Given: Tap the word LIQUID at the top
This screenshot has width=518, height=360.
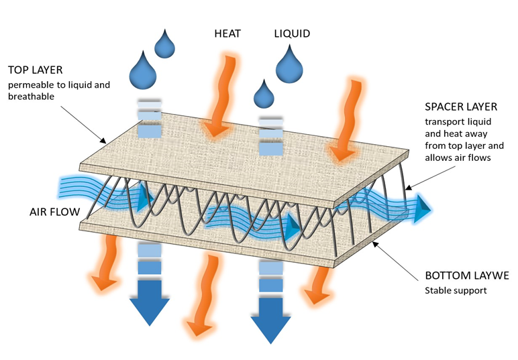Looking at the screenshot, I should [293, 32].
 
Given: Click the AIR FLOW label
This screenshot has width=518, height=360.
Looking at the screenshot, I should [53, 212].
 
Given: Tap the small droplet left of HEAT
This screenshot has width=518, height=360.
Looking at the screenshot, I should [165, 44].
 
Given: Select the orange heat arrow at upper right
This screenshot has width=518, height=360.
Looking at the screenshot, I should [348, 121].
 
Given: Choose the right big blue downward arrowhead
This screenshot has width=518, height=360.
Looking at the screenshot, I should [271, 316].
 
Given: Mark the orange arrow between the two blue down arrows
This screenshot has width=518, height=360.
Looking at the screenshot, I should [201, 295].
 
